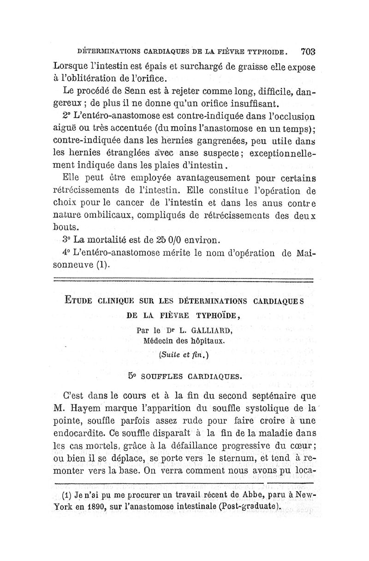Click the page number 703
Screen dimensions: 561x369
pos(307,51)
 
